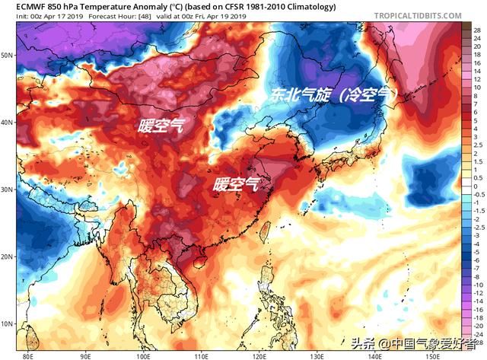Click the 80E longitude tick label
click(x=29, y=355)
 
